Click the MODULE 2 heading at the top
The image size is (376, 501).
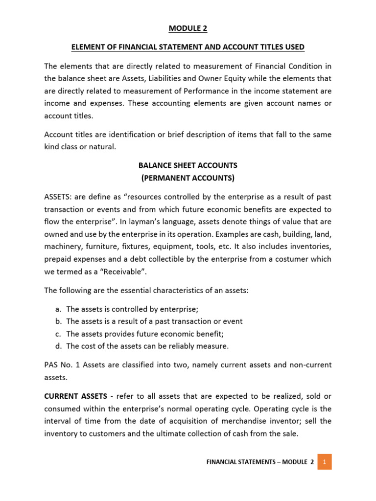(188, 28)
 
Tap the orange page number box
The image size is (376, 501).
(325, 461)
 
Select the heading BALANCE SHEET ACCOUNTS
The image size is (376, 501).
(188, 165)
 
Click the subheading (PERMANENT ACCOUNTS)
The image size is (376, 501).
(188, 178)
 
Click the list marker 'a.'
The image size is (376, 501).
(57, 309)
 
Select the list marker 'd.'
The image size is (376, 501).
(57, 346)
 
